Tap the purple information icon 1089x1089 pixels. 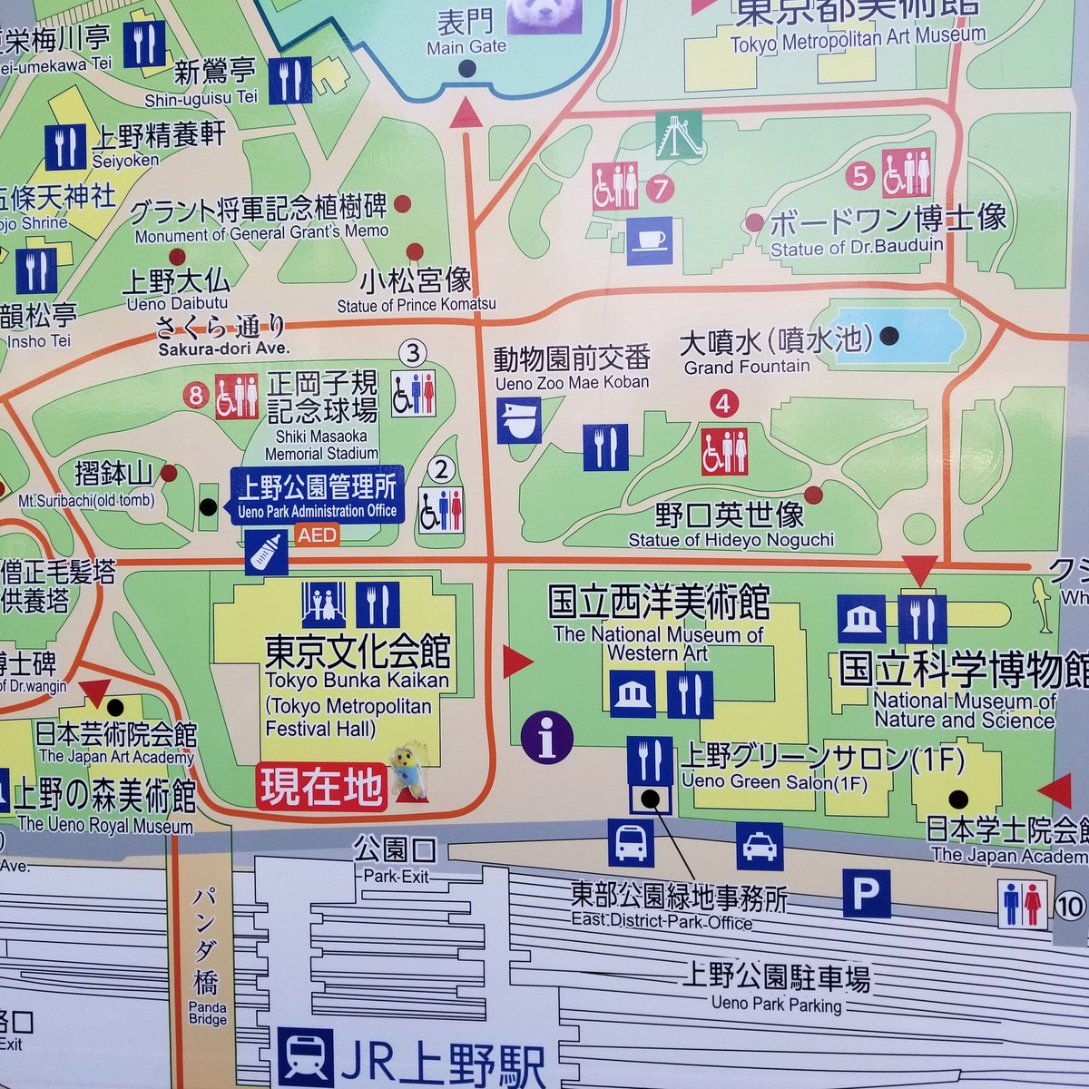[x=547, y=737]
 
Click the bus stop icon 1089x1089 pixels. [x=631, y=841]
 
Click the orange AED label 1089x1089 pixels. [x=316, y=535]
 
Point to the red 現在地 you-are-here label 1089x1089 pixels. [x=322, y=787]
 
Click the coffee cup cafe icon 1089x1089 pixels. [x=650, y=240]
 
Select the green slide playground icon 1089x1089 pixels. [x=680, y=135]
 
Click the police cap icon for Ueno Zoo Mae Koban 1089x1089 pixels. [x=519, y=420]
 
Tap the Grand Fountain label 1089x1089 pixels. [x=746, y=367]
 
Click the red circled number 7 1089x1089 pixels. [x=660, y=189]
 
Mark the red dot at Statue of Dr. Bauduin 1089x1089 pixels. [x=753, y=222]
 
